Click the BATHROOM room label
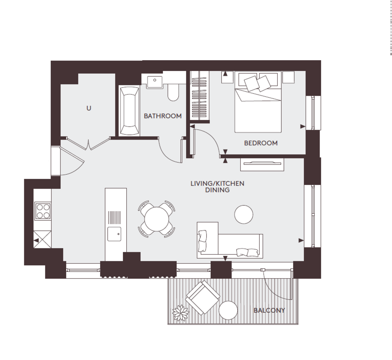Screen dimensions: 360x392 pyautogui.click(x=162, y=116)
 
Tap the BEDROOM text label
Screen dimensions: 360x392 pyautogui.click(x=261, y=143)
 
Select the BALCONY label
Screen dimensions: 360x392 pyautogui.click(x=269, y=310)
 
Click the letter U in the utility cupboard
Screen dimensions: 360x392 pyautogui.click(x=89, y=108)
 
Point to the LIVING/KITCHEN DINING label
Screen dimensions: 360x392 pyautogui.click(x=217, y=187)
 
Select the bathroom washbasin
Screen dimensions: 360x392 pyautogui.click(x=155, y=82)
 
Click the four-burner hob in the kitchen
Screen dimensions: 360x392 pyautogui.click(x=43, y=211)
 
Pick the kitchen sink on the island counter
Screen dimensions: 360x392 pyautogui.click(x=114, y=234)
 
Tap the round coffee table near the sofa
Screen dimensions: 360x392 pyautogui.click(x=244, y=214)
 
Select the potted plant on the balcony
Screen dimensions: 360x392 pyautogui.click(x=180, y=313)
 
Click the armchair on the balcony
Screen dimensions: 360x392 pyautogui.click(x=203, y=298)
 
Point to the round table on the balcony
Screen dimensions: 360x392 pyautogui.click(x=228, y=310)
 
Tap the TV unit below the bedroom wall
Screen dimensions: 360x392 pyautogui.click(x=262, y=164)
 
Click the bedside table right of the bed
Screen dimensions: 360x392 pyautogui.click(x=288, y=77)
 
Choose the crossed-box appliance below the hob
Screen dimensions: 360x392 pyautogui.click(x=42, y=239)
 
